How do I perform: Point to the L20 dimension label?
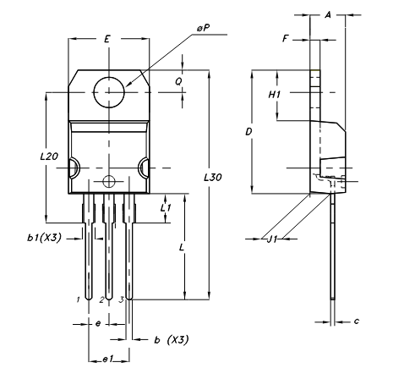(x=49, y=157)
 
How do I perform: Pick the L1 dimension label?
(x=167, y=206)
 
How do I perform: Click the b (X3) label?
(x=171, y=339)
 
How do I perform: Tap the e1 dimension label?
(x=107, y=360)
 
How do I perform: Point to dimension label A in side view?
(x=328, y=15)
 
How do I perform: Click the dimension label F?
(x=287, y=39)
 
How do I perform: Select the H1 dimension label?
(x=273, y=95)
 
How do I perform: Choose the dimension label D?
(x=248, y=133)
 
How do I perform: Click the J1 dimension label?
(x=271, y=239)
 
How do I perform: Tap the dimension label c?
(x=357, y=321)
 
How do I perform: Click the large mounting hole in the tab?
(x=110, y=91)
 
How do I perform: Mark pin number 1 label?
(x=79, y=299)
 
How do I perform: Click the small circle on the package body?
(x=107, y=181)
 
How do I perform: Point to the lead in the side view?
(x=336, y=245)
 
